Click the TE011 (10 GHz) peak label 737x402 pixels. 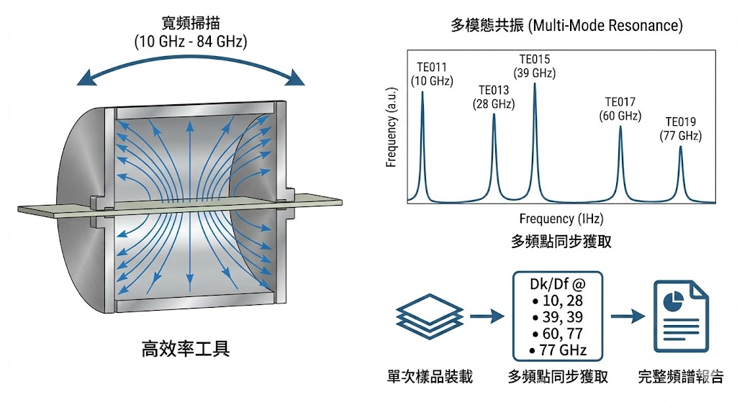point(432,74)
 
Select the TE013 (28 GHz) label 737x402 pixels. point(493,97)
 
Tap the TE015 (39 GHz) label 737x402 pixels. point(535,66)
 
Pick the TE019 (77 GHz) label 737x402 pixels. point(681,129)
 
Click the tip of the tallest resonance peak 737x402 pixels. point(535,85)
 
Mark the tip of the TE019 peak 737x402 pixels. point(681,147)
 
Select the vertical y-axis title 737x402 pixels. point(392,135)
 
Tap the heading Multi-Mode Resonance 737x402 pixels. point(565,27)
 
